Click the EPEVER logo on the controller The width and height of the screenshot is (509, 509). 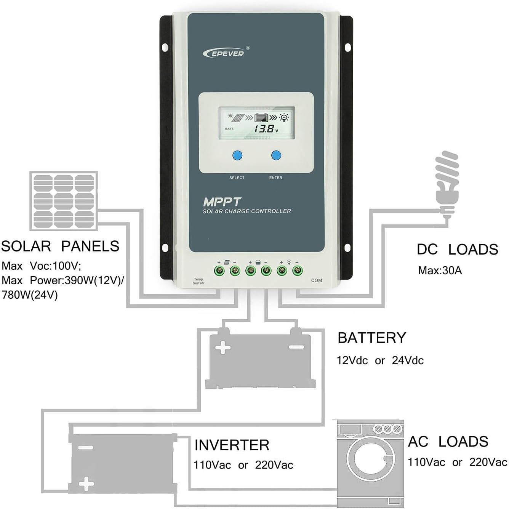pyautogui.click(x=225, y=53)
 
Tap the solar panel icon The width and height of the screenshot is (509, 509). pyautogui.click(x=64, y=201)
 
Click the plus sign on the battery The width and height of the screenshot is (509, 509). pyautogui.click(x=223, y=347)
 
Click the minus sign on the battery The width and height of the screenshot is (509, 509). pyautogui.click(x=296, y=347)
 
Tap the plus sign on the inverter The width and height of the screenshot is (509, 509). pyautogui.click(x=86, y=484)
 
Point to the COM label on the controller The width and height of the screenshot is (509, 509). pyautogui.click(x=316, y=280)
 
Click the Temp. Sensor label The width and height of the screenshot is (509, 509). pyautogui.click(x=198, y=281)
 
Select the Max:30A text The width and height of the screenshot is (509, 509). pyautogui.click(x=440, y=271)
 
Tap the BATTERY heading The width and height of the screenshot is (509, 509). pyautogui.click(x=371, y=338)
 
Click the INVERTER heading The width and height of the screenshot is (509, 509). pyautogui.click(x=232, y=445)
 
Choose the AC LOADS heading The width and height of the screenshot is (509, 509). pyautogui.click(x=448, y=442)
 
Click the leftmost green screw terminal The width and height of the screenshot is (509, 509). pyautogui.click(x=219, y=271)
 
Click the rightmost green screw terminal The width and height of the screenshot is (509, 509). pyautogui.click(x=297, y=271)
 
